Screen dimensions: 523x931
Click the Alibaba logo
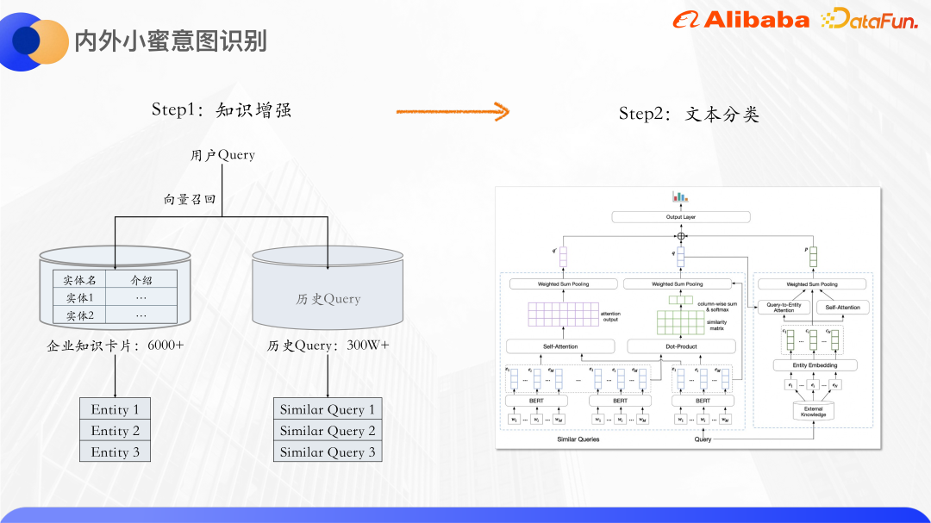[740, 20]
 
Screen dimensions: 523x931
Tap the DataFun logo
[868, 20]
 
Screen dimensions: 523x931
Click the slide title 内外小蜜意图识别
[170, 40]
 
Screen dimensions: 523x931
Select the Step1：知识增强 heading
[222, 109]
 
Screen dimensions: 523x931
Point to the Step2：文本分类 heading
[689, 114]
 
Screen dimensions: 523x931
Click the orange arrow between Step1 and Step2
[453, 111]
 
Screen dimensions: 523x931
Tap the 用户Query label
[222, 155]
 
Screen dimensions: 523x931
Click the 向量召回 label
[190, 199]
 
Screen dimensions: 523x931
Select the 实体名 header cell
[79, 279]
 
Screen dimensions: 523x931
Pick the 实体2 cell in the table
[79, 315]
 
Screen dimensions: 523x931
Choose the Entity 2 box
[115, 431]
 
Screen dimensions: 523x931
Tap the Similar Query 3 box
[328, 451]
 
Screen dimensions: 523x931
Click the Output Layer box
[680, 217]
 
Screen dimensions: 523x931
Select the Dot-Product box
[680, 346]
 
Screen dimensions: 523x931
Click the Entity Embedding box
[813, 365]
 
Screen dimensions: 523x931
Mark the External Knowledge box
[813, 412]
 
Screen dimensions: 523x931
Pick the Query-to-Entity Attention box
[784, 308]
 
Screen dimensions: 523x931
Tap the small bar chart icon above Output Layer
[680, 196]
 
